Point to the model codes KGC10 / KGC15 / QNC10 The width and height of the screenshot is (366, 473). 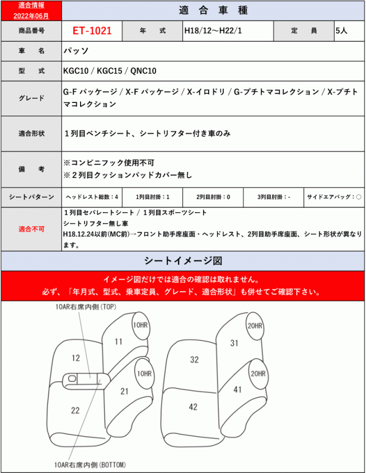coord(109,70)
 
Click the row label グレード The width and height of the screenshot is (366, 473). coord(31,98)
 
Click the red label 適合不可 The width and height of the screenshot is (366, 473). coord(31,229)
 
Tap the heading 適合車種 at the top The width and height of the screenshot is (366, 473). coord(213,10)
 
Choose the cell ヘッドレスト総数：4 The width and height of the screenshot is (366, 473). coord(91,197)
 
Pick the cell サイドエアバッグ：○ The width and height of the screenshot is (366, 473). coord(335,197)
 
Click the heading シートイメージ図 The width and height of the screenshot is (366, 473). coord(183,261)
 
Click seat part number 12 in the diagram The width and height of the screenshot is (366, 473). coord(75,358)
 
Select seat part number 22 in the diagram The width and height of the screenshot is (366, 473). coord(75,410)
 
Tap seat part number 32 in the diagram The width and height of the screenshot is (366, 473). coord(194,359)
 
